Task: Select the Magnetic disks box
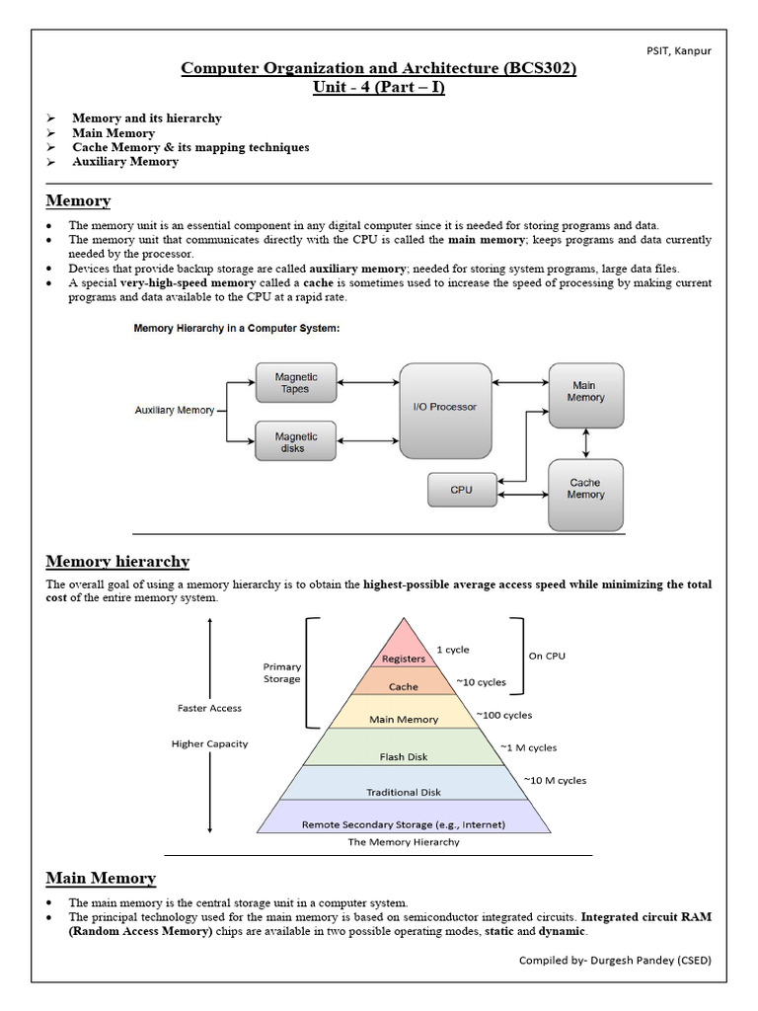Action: pyautogui.click(x=296, y=441)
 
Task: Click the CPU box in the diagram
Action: pyautogui.click(x=461, y=490)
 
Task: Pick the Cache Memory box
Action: pyautogui.click(x=585, y=489)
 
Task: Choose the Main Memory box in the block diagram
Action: pyautogui.click(x=585, y=392)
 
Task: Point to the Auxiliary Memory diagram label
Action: pyautogui.click(x=174, y=410)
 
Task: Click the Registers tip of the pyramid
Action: pyautogui.click(x=403, y=656)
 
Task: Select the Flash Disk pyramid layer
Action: pyautogui.click(x=403, y=757)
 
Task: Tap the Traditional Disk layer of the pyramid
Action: pyautogui.click(x=403, y=792)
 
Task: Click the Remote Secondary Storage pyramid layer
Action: pyautogui.click(x=403, y=824)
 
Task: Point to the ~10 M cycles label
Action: pyautogui.click(x=554, y=781)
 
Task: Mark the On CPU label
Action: pyautogui.click(x=548, y=655)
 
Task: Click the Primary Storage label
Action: pyautogui.click(x=282, y=672)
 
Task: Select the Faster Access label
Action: pyautogui.click(x=209, y=708)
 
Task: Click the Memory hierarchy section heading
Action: pyautogui.click(x=117, y=562)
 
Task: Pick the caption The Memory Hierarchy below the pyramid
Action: pyautogui.click(x=403, y=843)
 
